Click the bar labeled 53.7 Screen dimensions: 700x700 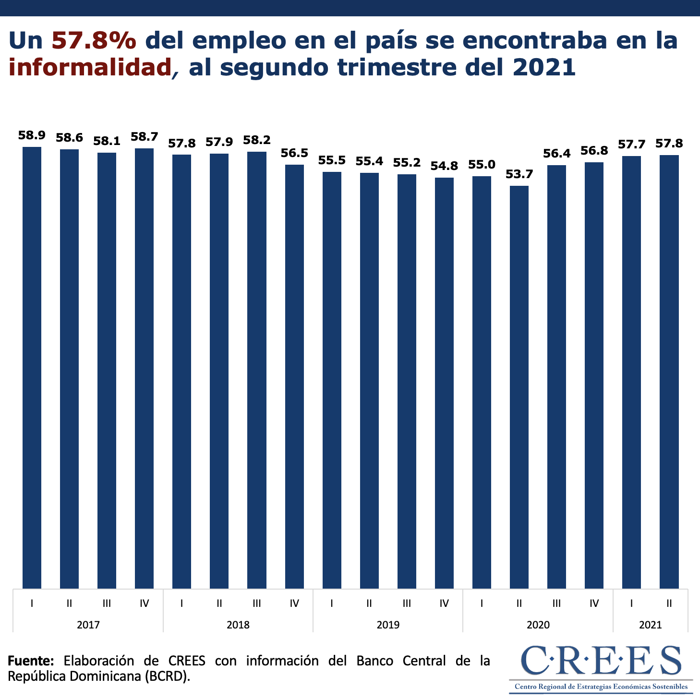tap(519, 386)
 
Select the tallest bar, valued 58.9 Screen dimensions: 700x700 tap(32, 367)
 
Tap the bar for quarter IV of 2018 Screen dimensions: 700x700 tap(294, 376)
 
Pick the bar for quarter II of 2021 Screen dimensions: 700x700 tap(669, 372)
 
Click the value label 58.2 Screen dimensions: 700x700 tap(257, 140)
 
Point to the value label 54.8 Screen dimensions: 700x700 tap(444, 166)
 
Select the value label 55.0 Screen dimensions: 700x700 tap(482, 165)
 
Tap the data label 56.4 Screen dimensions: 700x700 tap(556, 154)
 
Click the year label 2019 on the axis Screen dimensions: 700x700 tap(388, 625)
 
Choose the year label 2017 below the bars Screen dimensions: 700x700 tap(88, 625)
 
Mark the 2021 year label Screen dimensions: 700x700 tap(650, 625)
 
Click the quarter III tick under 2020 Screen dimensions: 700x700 tap(556, 603)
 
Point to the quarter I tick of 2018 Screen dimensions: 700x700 tap(181, 603)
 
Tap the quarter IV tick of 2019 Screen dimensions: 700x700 tap(444, 603)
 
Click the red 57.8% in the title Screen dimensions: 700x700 tap(94, 41)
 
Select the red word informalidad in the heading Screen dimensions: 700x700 tap(90, 67)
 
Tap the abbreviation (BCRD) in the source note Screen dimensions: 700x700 tap(167, 676)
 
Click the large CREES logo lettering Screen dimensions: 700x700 tap(601, 661)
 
